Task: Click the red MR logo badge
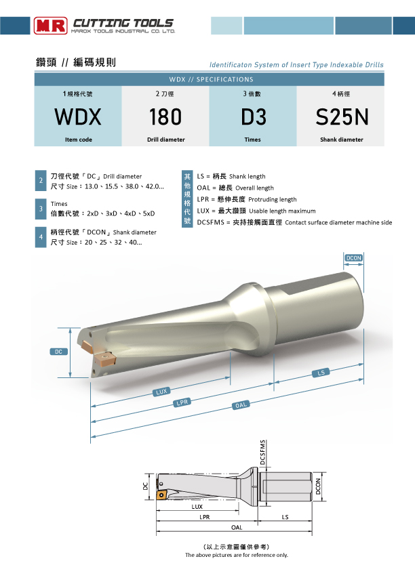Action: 51,26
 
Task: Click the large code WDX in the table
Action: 78,117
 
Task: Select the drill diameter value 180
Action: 165,117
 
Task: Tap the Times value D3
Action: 254,117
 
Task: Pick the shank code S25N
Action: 342,117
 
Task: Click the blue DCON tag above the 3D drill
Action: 353,258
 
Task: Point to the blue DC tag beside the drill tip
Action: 59,352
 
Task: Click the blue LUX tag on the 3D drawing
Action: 161,392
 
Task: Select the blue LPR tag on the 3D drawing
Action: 182,402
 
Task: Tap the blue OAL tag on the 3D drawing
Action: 241,405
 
